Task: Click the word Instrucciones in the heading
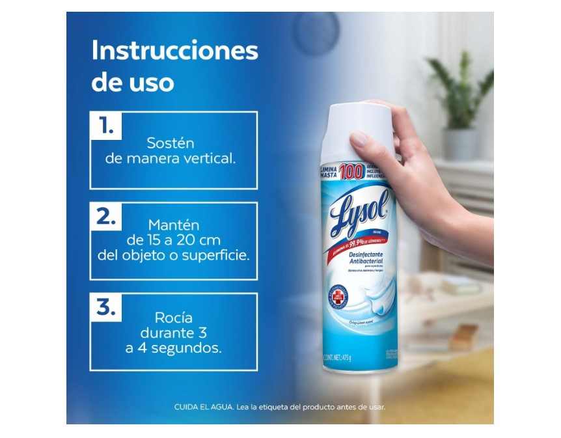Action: coord(174,51)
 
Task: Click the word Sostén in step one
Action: coord(171,143)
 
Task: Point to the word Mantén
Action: coord(173,225)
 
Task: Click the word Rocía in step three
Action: coord(173,318)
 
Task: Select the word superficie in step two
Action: coord(216,255)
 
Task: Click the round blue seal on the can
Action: coord(340,296)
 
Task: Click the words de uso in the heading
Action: coord(132,83)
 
